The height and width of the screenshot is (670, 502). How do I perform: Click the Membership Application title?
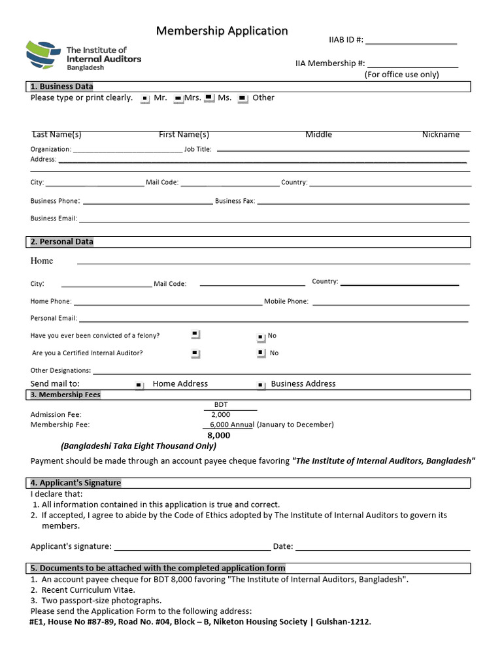pyautogui.click(x=222, y=31)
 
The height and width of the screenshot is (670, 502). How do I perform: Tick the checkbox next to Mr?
pyautogui.click(x=146, y=99)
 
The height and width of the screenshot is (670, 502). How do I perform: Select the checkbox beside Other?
pyautogui.click(x=243, y=99)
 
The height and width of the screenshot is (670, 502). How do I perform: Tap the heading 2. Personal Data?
pyautogui.click(x=62, y=241)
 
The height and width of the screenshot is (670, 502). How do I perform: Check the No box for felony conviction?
pyautogui.click(x=261, y=336)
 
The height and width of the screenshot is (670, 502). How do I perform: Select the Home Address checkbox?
pyautogui.click(x=139, y=385)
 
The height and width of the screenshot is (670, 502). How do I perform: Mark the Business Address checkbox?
pyautogui.click(x=261, y=385)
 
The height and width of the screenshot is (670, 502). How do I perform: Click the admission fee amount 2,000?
pyautogui.click(x=220, y=414)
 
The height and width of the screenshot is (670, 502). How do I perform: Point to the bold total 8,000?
pyautogui.click(x=219, y=435)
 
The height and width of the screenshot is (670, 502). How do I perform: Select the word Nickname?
pyautogui.click(x=441, y=134)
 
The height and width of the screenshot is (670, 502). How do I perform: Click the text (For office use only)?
pyautogui.click(x=401, y=75)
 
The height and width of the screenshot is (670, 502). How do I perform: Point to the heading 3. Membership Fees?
pyautogui.click(x=65, y=395)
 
